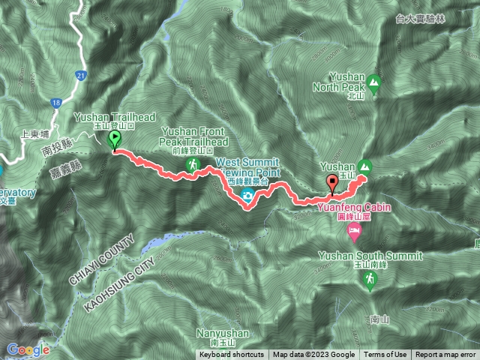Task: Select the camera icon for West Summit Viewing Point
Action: (246, 196)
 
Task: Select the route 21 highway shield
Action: (81, 75)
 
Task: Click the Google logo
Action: (28, 349)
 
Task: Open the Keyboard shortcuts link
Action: (232, 355)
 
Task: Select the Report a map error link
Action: (445, 355)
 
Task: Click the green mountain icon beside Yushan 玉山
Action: (364, 166)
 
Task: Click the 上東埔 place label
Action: (35, 133)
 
